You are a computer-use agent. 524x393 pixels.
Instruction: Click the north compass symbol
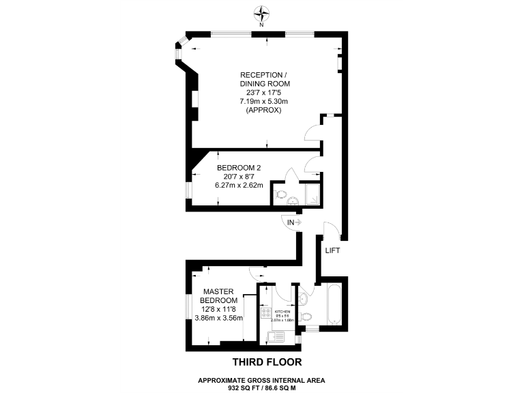tap(261, 12)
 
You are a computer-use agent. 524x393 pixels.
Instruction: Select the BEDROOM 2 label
tap(238, 167)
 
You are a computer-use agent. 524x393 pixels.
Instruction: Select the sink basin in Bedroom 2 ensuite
tap(293, 200)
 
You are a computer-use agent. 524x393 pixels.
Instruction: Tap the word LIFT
tap(332, 250)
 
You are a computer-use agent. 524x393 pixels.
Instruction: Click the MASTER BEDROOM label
tap(218, 296)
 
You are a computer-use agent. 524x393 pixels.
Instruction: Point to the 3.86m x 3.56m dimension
tap(219, 317)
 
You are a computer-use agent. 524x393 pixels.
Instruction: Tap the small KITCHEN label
tap(281, 312)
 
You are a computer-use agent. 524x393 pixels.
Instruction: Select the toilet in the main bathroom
tap(306, 316)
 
